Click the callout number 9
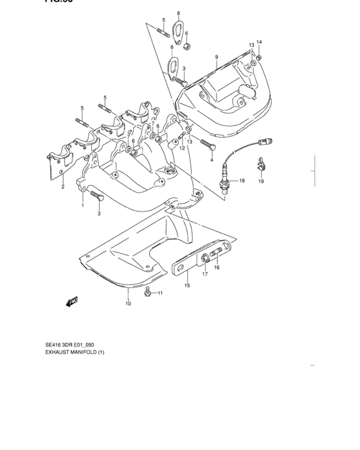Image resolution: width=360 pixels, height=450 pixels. coord(217,57)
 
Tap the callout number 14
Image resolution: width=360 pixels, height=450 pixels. coord(259,42)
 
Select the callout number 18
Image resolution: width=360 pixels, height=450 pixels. coord(242,181)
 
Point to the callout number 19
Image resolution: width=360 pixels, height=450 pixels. coord(261,182)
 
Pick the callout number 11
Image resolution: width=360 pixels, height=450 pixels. coord(160,293)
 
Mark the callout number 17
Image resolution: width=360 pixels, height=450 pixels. coord(205,274)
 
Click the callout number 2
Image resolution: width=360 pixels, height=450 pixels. coord(63,187)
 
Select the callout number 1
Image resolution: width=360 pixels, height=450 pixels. coord(82,206)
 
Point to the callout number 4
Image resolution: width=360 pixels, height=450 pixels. coord(211,160)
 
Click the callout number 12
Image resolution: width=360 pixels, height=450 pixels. coord(182,148)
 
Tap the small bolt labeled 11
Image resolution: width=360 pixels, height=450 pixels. coord(148,292)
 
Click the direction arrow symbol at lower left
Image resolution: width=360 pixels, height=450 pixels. coord(71,301)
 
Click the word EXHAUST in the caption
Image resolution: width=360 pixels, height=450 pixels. coord(60,352)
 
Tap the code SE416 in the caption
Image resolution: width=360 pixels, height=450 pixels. coord(53,345)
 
